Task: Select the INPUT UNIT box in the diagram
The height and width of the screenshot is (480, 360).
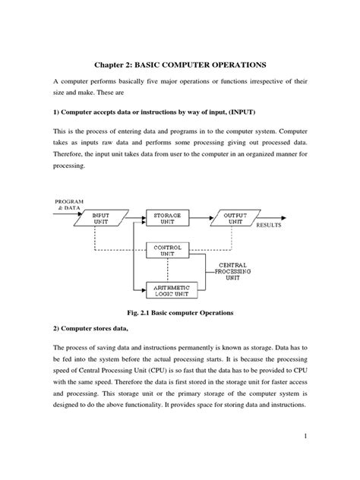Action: point(101,219)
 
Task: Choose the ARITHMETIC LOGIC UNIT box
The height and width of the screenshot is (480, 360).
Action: point(172,289)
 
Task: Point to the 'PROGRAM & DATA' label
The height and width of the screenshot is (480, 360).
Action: point(66,204)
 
